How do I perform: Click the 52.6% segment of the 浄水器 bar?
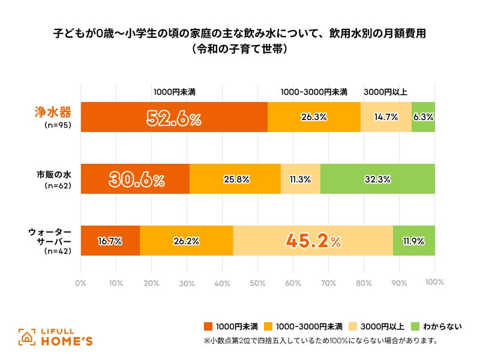(174, 117)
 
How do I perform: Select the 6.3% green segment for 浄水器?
(424, 117)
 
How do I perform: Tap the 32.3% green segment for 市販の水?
(377, 179)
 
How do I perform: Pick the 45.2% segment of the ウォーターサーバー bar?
(313, 241)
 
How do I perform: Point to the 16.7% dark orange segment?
(110, 241)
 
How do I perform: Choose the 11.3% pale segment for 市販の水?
(300, 179)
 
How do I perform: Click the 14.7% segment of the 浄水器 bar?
(386, 117)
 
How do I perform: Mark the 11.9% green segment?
(414, 241)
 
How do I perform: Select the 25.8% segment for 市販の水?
(235, 179)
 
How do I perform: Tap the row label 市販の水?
(53, 175)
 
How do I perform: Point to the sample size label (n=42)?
(58, 251)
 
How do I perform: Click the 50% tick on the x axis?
(257, 282)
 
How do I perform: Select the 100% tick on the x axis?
(434, 282)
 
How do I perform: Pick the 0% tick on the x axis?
(80, 282)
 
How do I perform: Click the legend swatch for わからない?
(415, 326)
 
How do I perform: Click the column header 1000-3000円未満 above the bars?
(314, 92)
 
